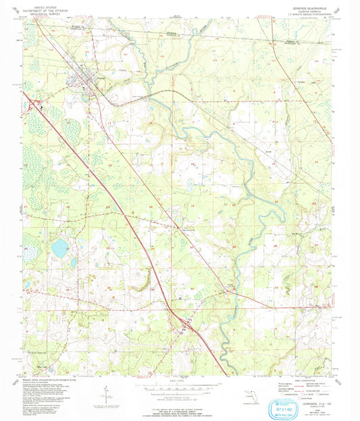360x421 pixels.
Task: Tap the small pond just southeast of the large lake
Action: [74, 262]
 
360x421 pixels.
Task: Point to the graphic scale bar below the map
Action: [180, 387]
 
